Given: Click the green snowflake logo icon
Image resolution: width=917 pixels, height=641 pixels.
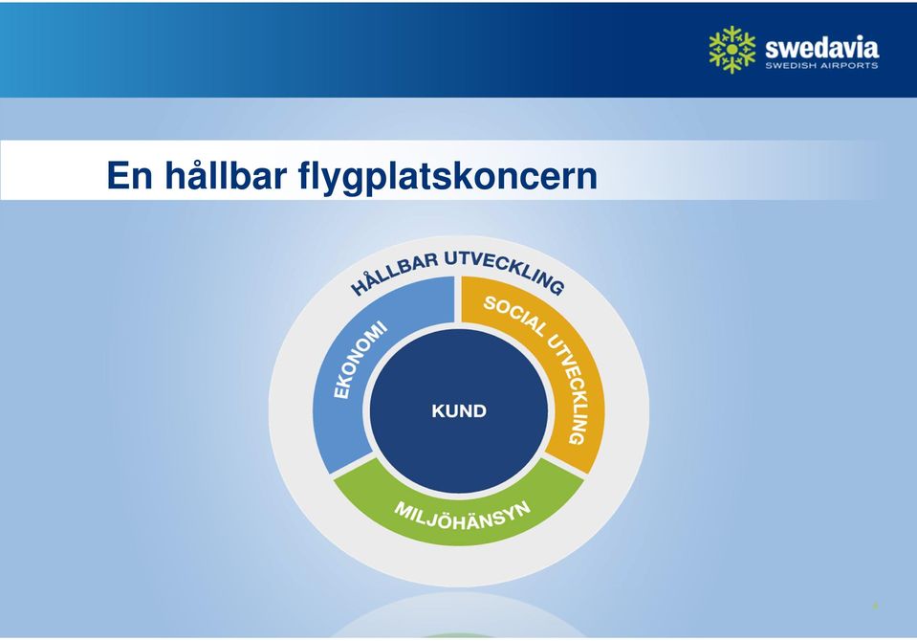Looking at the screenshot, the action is click(x=731, y=50).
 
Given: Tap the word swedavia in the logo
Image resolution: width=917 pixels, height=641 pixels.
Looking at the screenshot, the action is click(x=821, y=48).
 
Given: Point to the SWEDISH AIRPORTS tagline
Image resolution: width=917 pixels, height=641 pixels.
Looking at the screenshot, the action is click(x=821, y=66).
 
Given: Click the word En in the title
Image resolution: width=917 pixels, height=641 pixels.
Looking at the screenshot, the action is click(x=129, y=175).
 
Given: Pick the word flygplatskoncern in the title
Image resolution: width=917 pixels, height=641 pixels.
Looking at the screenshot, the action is click(x=448, y=177).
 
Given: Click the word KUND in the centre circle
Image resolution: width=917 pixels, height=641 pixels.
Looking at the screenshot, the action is click(x=459, y=411).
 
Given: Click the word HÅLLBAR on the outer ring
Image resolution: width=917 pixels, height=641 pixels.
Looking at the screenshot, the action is click(x=394, y=274).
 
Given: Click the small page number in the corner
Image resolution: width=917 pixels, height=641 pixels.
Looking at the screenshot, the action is click(x=876, y=607).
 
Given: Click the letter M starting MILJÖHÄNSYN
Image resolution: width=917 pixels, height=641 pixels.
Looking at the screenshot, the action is click(x=403, y=508).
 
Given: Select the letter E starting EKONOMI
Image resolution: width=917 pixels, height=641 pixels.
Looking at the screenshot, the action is click(x=341, y=391).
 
